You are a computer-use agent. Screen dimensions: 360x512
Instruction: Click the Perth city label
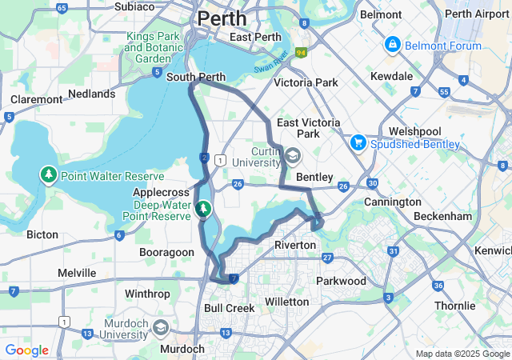click(222, 18)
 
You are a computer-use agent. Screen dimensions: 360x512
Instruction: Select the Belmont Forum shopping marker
click(392, 46)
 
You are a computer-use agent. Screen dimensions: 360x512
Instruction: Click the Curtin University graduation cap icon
click(293, 156)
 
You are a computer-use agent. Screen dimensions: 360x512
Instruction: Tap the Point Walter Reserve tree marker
click(49, 175)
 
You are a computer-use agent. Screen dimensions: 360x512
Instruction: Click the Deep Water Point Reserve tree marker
click(203, 210)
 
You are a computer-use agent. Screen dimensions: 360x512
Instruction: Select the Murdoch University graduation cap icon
click(161, 328)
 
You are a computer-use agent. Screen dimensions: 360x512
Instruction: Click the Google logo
click(26, 350)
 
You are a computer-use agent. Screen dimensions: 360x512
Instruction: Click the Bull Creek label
click(230, 308)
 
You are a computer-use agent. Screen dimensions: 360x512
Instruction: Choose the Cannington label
click(392, 202)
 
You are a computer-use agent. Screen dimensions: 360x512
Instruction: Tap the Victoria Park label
click(306, 82)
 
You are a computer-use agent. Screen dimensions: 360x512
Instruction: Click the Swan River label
click(270, 64)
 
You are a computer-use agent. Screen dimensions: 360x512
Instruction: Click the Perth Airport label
click(477, 14)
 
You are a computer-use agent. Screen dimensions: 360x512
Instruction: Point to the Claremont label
click(36, 99)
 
